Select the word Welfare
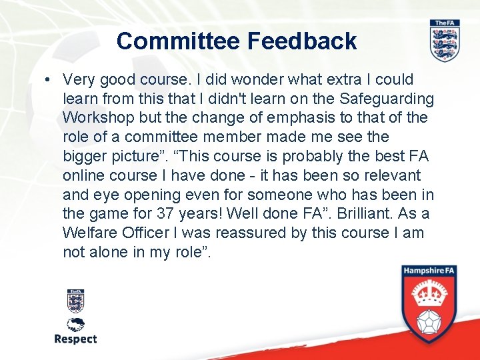89,233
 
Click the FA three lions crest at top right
444,41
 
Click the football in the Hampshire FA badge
430,323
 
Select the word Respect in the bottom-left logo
75,339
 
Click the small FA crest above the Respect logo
75,300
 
